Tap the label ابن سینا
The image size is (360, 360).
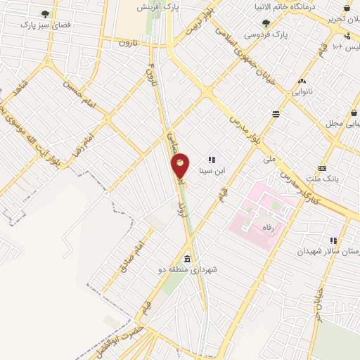pyautogui.click(x=212, y=169)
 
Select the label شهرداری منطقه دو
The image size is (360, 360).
pyautogui.click(x=188, y=269)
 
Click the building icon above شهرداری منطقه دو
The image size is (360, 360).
pyautogui.click(x=188, y=258)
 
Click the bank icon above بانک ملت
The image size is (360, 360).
pyautogui.click(x=322, y=168)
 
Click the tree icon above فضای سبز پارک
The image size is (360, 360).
pyautogui.click(x=46, y=13)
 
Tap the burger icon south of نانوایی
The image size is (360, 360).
pyautogui.click(x=276, y=112)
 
